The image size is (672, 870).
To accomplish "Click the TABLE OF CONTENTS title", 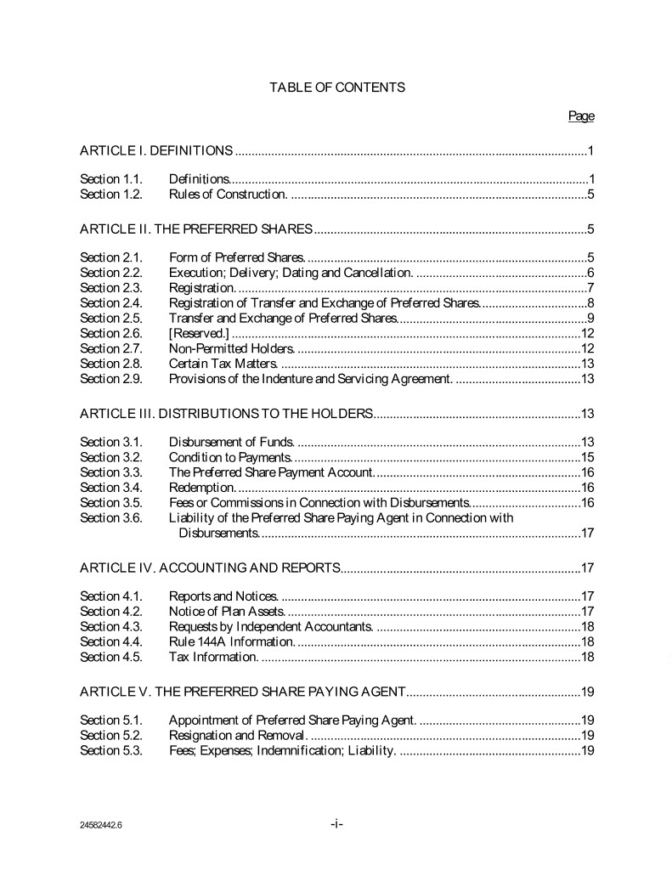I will point(337,87).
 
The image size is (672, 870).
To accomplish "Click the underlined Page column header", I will point(581,116).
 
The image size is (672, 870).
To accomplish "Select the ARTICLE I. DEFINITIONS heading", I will point(156,151).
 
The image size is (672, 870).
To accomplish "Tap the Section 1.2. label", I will point(111,195).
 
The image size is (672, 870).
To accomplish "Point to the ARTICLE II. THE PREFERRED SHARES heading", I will point(197,229).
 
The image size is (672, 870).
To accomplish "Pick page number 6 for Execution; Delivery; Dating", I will point(590,273).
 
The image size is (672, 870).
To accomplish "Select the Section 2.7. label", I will point(111,347).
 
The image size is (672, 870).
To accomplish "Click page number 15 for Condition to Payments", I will point(586,457).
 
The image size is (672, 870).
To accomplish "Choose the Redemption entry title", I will point(202,487).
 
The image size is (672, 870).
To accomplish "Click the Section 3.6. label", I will point(111,517).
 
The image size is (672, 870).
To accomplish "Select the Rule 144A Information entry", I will point(232,641).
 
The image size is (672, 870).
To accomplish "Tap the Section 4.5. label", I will point(111,657).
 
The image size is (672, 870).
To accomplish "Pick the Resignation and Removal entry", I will point(236,735).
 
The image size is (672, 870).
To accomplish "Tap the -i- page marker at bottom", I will point(336,823).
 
